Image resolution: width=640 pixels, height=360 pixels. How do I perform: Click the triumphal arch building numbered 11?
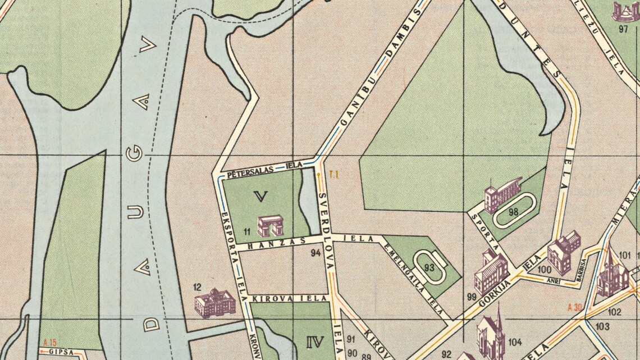pyautogui.click(x=269, y=225)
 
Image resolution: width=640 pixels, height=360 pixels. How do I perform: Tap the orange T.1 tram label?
pyautogui.click(x=334, y=175)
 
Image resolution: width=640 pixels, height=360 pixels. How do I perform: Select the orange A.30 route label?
pyautogui.click(x=575, y=307)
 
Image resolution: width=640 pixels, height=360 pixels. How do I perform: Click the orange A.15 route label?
pyautogui.click(x=50, y=343)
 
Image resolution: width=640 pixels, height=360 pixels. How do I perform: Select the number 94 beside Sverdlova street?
pyautogui.click(x=316, y=253)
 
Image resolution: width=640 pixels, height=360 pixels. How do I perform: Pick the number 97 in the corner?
pyautogui.click(x=622, y=30)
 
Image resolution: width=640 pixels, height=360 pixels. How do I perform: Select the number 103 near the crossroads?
pyautogui.click(x=602, y=326)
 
